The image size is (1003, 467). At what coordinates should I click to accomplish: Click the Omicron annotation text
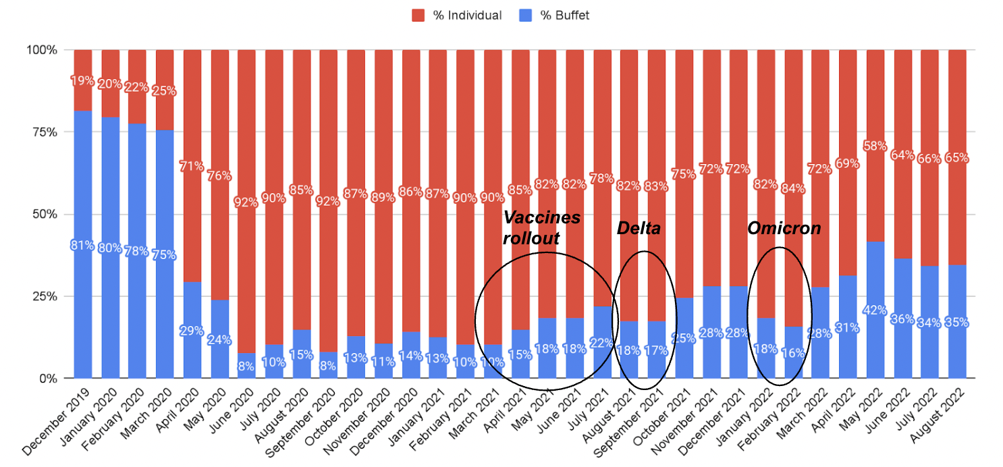pos(784,228)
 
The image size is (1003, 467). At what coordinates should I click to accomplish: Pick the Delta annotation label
pos(639,228)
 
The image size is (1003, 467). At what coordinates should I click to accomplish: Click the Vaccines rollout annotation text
pos(541,228)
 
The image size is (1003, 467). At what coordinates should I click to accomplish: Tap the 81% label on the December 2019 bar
pos(82,246)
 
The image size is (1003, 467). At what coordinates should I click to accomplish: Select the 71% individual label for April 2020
pos(192,166)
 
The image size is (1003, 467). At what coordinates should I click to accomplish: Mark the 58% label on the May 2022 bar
pos(875,146)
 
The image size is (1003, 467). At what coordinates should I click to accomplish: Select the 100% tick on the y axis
pos(41,51)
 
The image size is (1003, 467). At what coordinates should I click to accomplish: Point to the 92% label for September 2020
pos(328,201)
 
